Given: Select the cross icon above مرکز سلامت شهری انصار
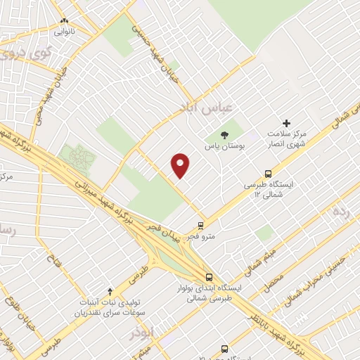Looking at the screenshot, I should (x=286, y=123).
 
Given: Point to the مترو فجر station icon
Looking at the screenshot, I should (x=201, y=226).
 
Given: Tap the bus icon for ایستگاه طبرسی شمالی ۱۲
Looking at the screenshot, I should (x=268, y=174).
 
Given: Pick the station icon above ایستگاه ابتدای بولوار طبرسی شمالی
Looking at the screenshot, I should (x=208, y=277).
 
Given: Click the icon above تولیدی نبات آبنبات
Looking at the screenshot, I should (x=109, y=291).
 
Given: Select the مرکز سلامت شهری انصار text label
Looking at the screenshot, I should (x=288, y=139).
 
